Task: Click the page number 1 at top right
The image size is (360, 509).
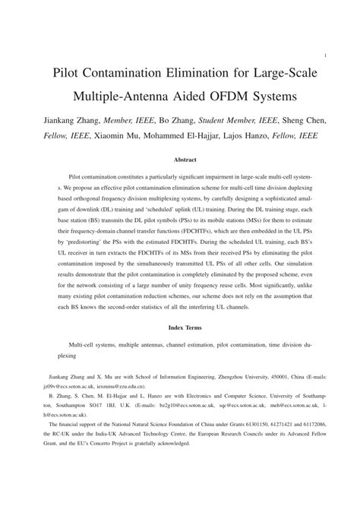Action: pos(325,55)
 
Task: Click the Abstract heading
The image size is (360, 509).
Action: pos(185,160)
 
